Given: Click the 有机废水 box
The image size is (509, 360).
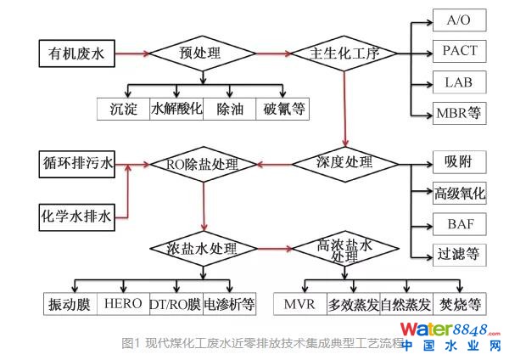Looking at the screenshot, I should click(76, 55).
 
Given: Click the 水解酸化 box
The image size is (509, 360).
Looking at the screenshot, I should click(176, 110).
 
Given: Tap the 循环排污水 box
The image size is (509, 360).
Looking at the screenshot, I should click(76, 164).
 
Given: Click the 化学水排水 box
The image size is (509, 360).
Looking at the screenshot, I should click(76, 217).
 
